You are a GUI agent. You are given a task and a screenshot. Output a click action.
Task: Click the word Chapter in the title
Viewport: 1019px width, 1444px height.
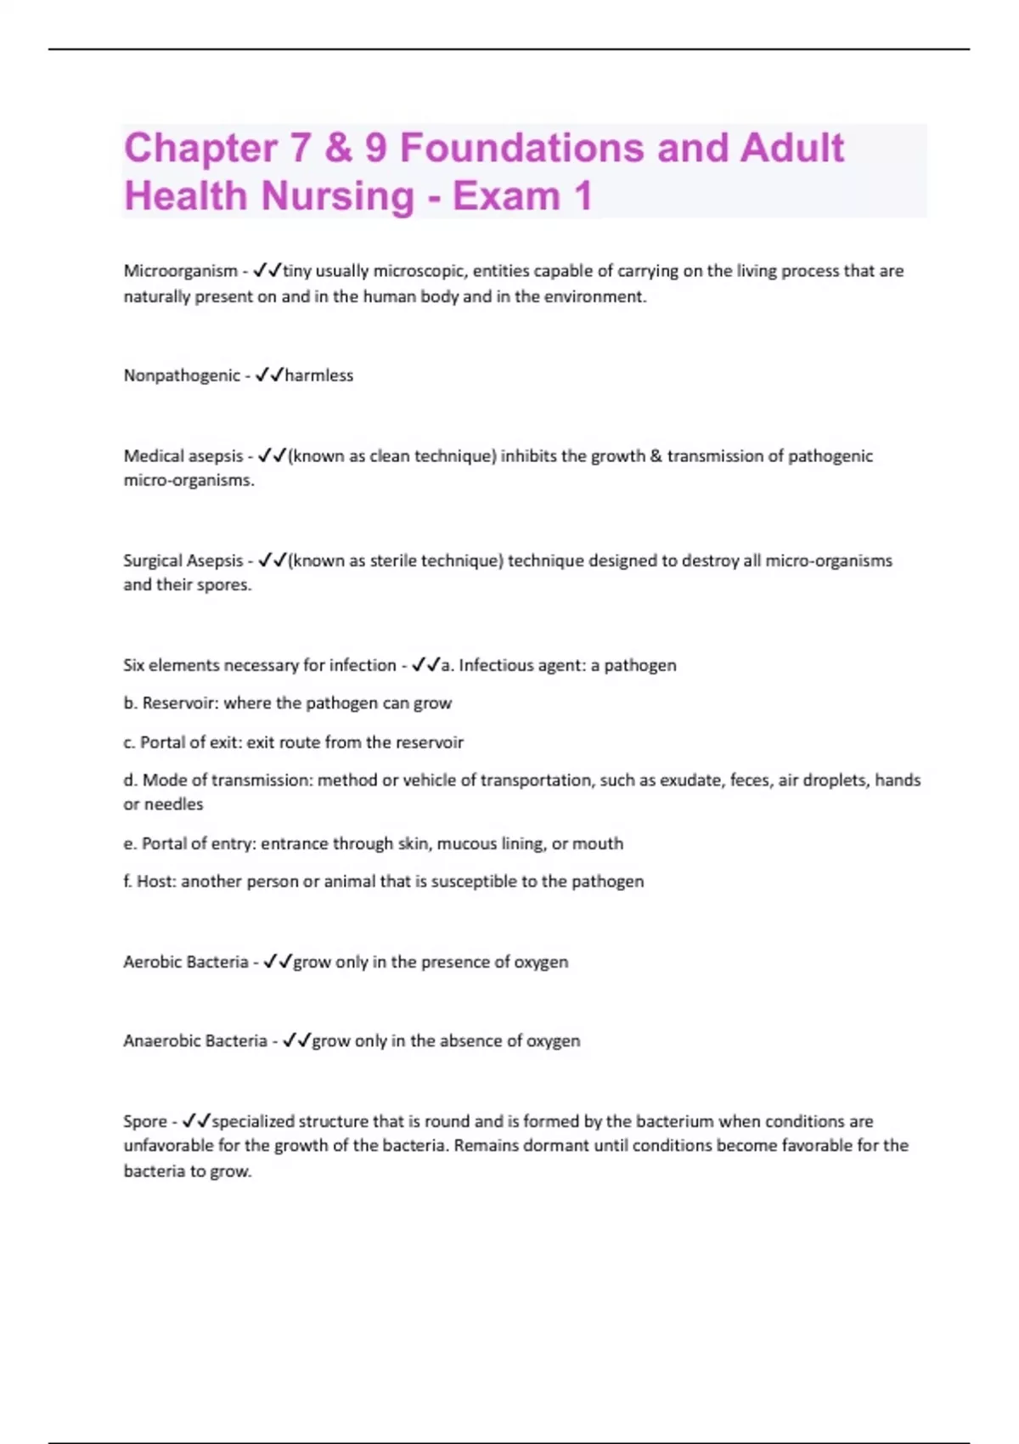[x=200, y=149]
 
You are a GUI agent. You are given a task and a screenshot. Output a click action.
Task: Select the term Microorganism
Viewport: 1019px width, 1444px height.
[x=180, y=271]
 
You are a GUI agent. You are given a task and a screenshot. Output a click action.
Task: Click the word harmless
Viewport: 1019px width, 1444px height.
[x=319, y=375]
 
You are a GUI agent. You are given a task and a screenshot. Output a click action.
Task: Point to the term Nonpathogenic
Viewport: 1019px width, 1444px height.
[x=182, y=375]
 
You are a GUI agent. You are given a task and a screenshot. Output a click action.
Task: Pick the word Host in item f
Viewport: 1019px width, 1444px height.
[x=154, y=882]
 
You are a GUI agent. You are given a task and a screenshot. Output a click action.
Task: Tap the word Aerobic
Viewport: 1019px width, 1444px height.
[x=151, y=962]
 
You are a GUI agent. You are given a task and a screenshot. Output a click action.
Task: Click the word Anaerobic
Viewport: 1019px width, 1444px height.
[x=160, y=1041]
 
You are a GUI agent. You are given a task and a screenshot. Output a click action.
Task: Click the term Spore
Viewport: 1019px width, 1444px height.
[x=145, y=1121]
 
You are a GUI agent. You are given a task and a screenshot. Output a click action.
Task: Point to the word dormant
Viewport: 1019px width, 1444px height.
[x=555, y=1146]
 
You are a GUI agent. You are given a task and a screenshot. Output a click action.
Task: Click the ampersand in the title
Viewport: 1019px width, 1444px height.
[x=338, y=149]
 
